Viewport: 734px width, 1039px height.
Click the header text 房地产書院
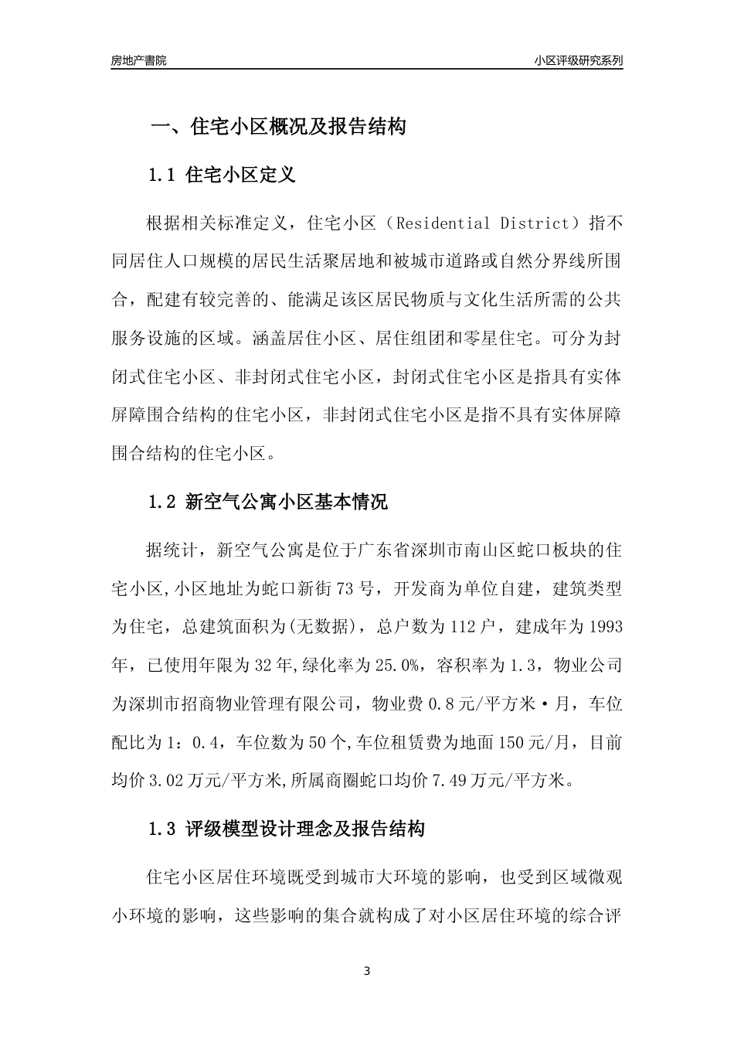[x=138, y=60]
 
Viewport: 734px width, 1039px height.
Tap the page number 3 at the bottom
[x=367, y=971]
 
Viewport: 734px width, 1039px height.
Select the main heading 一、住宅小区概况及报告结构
[x=277, y=127]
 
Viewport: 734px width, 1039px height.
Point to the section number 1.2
[x=163, y=502]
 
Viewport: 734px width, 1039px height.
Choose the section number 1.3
[x=163, y=830]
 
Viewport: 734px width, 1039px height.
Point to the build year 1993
[x=606, y=626]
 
